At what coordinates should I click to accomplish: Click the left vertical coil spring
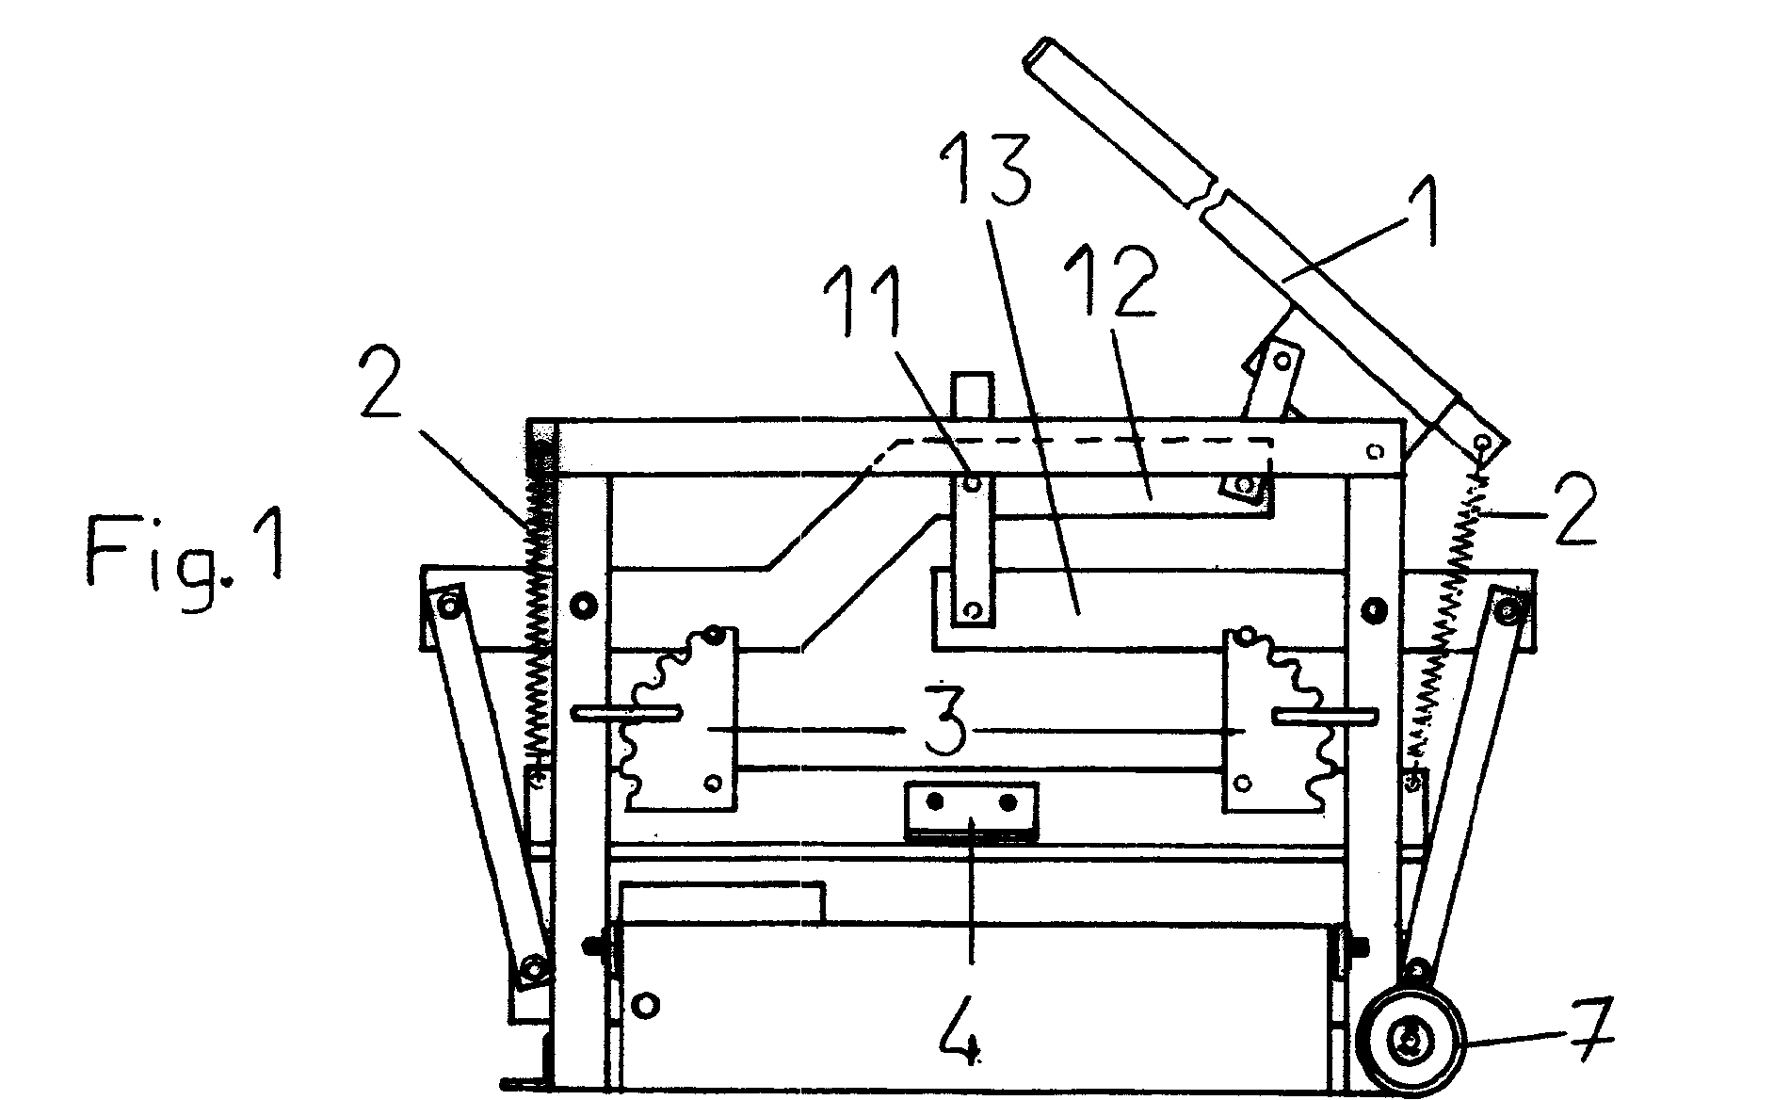[540, 612]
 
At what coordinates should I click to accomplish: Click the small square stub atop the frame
[973, 396]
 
